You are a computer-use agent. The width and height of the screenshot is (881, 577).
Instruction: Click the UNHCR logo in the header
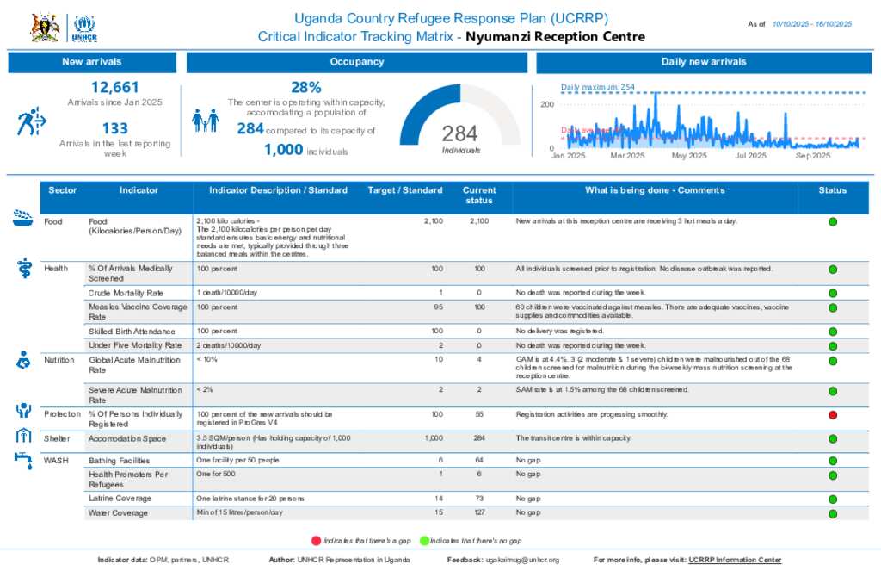(84, 28)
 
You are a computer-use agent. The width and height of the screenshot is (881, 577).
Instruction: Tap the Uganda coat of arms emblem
(45, 28)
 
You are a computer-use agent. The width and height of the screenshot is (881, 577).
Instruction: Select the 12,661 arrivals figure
(114, 87)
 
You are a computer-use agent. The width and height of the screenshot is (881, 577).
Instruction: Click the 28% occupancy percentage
(306, 87)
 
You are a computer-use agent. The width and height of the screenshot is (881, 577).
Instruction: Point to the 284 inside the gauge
(459, 133)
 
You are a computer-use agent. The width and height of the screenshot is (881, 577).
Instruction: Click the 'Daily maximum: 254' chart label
(598, 87)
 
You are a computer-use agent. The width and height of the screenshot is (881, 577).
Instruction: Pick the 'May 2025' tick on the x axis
(689, 156)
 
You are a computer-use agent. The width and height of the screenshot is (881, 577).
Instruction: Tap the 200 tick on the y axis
(547, 104)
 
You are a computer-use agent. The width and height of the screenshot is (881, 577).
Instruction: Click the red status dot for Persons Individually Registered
(833, 415)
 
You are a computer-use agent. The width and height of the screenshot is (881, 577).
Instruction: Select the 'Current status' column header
(479, 195)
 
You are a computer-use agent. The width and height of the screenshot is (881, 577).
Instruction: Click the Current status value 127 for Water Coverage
(479, 513)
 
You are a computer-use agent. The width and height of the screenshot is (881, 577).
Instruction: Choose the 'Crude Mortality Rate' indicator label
(126, 294)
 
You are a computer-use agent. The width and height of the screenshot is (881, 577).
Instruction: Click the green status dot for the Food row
(833, 222)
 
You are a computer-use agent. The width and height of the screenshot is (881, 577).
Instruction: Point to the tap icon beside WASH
(23, 458)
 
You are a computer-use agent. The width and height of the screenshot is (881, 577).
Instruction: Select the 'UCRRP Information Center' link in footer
(735, 561)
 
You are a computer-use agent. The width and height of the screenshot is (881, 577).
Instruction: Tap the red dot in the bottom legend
(316, 540)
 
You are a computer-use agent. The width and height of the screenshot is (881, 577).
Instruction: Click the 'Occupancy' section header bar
(356, 62)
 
